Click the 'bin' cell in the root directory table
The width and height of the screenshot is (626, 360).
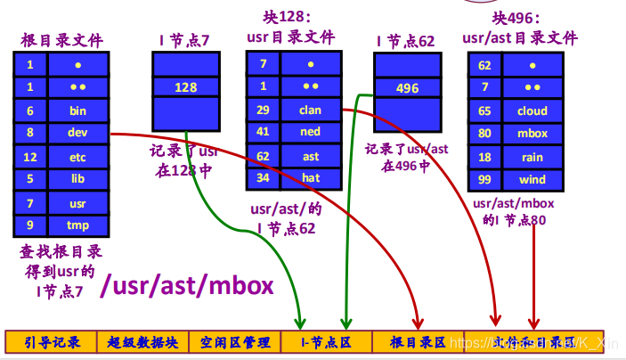[78, 110]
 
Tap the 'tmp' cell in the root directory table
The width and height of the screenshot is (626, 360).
[78, 225]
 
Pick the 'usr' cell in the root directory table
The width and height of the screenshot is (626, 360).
[78, 202]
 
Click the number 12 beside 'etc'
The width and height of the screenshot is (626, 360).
[30, 157]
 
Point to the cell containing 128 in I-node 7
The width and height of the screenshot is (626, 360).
[185, 87]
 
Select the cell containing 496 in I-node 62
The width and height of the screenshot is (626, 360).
[407, 88]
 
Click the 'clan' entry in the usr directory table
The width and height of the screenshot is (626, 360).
[310, 110]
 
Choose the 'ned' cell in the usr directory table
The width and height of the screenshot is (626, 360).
[310, 132]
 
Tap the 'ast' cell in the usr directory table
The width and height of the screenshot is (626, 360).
[310, 155]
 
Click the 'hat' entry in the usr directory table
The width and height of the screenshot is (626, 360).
[310, 177]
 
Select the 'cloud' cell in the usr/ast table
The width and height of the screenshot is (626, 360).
[532, 111]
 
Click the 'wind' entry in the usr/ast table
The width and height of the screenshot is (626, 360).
[532, 180]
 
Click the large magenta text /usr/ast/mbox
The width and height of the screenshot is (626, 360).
[186, 285]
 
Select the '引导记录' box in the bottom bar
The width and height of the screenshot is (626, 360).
[52, 342]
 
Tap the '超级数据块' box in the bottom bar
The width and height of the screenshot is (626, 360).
[142, 342]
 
